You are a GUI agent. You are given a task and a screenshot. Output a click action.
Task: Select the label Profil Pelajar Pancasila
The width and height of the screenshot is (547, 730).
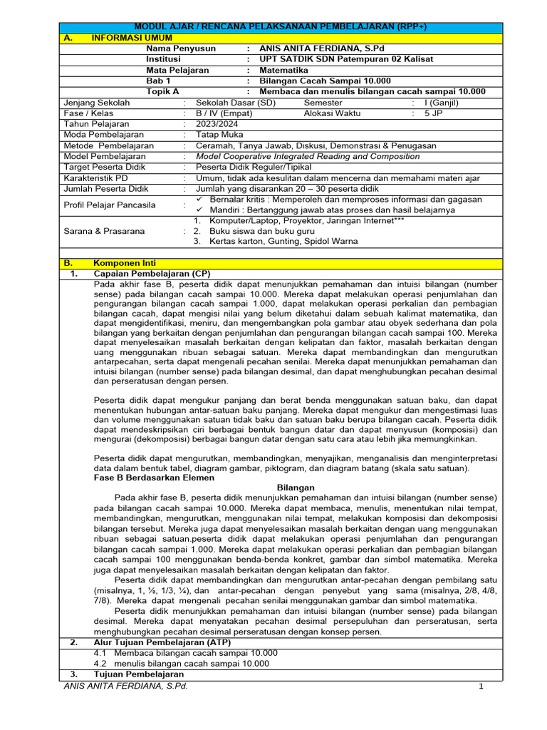110,205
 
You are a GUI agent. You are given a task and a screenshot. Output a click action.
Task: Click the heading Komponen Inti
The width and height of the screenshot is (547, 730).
125,263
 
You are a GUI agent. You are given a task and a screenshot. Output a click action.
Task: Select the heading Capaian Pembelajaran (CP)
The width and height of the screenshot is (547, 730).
152,274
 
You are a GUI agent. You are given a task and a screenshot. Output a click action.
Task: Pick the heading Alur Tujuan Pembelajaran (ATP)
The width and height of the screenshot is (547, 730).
162,642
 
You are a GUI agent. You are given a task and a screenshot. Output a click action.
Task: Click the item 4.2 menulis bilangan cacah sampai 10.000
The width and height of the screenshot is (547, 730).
182,663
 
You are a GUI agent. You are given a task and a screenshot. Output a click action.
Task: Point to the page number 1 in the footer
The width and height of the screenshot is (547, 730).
481,687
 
